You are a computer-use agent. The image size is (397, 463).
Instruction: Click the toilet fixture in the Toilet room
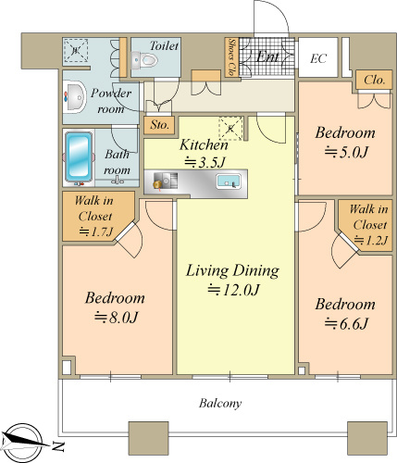(144, 60)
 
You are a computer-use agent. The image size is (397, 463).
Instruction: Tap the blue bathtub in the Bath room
(79, 156)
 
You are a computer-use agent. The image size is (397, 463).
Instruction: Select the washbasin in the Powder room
(74, 97)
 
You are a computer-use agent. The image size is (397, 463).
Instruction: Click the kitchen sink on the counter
(229, 181)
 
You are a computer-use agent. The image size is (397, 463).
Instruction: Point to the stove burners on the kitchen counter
(166, 181)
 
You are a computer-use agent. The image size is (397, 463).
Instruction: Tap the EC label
(318, 58)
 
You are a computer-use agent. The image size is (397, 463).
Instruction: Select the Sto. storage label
(159, 125)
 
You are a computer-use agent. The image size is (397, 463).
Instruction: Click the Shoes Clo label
(231, 57)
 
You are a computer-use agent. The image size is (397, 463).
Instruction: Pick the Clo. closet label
(375, 80)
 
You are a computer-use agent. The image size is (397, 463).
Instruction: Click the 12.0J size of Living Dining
(233, 290)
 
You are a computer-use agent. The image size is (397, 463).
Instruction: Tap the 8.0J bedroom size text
(116, 318)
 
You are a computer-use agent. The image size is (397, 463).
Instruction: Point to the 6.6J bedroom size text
(346, 324)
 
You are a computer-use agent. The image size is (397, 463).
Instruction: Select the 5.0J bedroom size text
(346, 152)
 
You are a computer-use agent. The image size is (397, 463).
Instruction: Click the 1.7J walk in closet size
(96, 231)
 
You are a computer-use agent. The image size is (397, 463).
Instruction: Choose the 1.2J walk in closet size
(370, 240)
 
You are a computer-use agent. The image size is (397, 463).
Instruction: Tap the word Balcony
(220, 403)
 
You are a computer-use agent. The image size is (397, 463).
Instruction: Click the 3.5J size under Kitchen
(205, 162)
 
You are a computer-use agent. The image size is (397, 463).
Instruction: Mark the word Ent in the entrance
(267, 56)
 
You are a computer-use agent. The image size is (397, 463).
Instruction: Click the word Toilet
(164, 46)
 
